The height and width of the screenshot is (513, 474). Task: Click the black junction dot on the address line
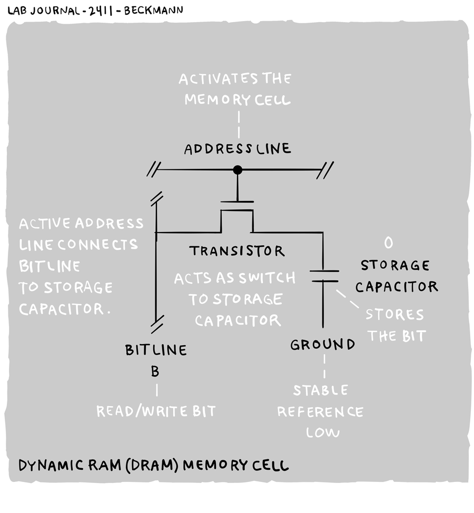(238, 170)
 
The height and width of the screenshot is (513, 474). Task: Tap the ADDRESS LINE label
(237, 149)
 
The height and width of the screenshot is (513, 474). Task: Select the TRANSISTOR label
(237, 251)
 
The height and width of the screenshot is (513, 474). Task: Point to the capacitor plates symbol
(323, 276)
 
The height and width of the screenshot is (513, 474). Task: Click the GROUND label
(323, 345)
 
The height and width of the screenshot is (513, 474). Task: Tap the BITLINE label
(156, 350)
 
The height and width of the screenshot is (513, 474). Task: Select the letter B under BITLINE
(155, 371)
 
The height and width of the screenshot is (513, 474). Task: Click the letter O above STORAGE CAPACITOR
(389, 243)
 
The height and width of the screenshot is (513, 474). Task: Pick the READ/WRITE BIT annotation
(156, 411)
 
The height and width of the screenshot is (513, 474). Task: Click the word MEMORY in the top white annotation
(214, 99)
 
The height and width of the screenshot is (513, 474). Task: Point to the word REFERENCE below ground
(320, 411)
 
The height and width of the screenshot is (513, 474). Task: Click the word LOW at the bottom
(323, 432)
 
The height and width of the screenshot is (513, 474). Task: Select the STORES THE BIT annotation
(396, 325)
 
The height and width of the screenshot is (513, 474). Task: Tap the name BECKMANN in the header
(153, 9)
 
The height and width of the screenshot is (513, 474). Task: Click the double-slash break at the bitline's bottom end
(156, 326)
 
